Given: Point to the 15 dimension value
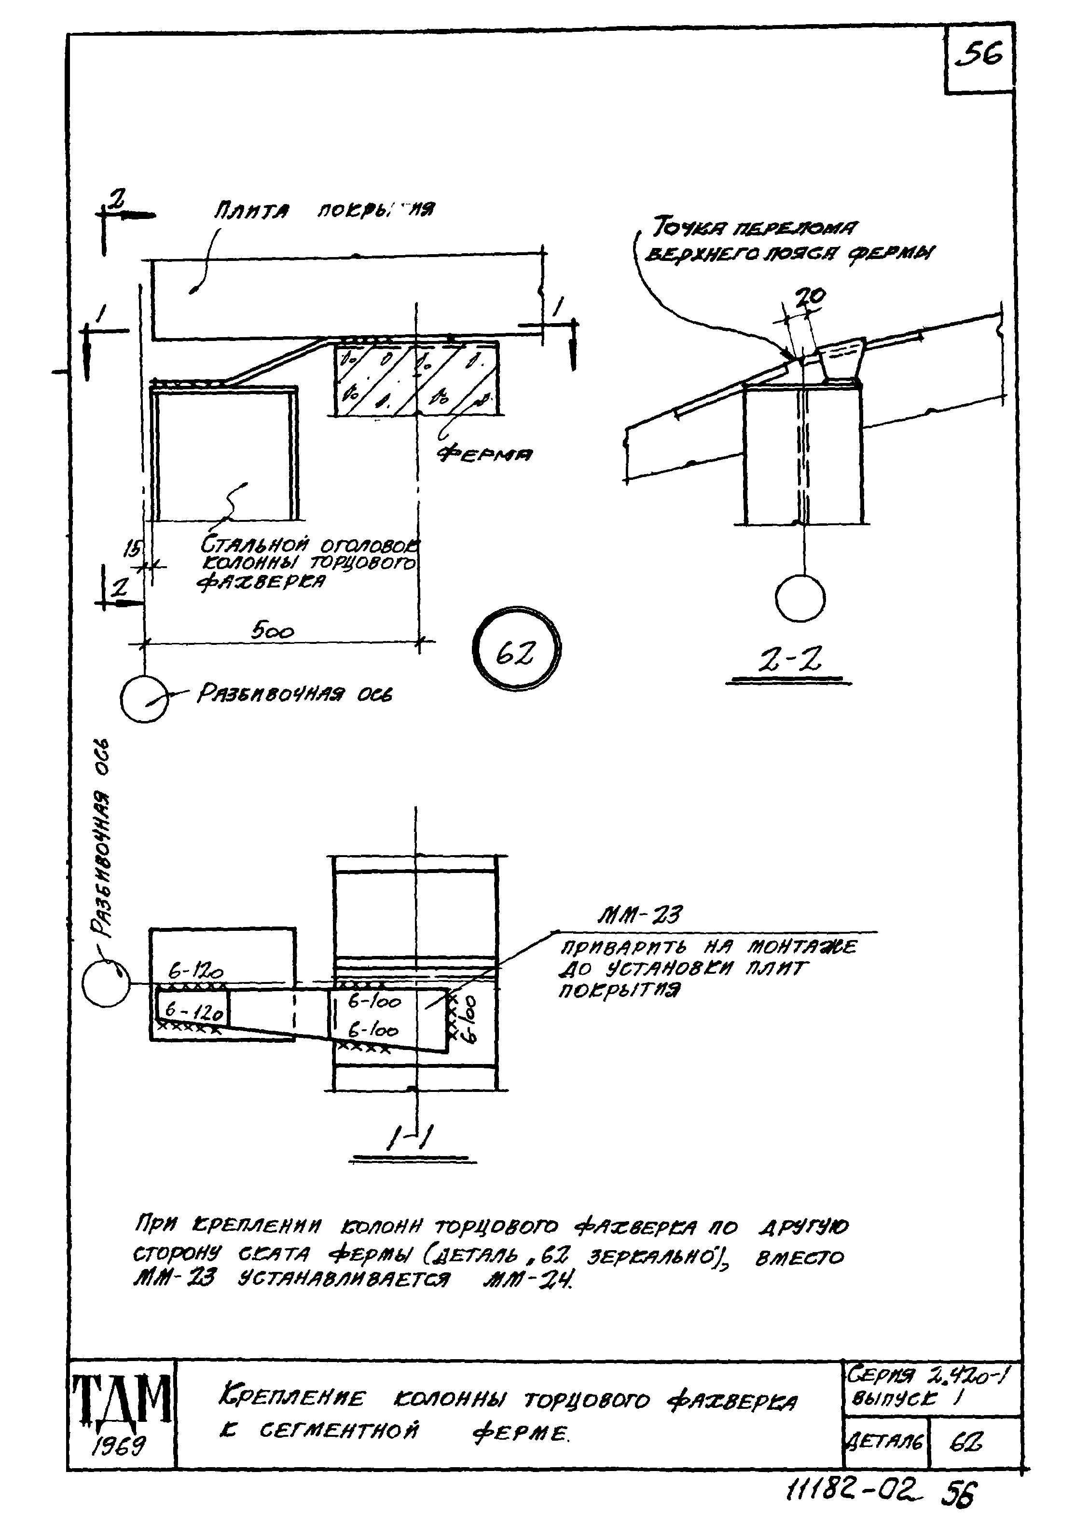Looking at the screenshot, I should click(132, 550).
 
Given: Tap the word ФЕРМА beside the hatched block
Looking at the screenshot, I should click(485, 454).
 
